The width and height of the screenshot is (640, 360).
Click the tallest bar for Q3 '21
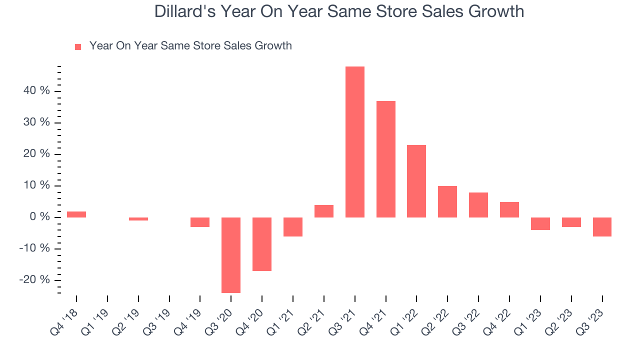coord(354,142)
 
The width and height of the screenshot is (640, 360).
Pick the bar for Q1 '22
coord(416,181)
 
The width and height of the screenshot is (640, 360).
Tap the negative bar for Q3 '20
coord(231,255)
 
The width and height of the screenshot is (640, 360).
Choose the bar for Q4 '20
coord(262,244)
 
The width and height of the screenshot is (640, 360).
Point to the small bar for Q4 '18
coord(76,214)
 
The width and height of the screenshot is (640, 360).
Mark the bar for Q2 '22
coord(447,201)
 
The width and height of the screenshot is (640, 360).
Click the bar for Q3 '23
coord(602,226)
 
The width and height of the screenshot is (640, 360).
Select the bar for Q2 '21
coord(324,211)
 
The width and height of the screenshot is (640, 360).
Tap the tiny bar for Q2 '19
coord(138,219)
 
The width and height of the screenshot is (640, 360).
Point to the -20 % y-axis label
coord(34,280)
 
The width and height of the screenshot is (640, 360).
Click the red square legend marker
coord(78,47)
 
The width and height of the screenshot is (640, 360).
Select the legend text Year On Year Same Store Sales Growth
coord(190,46)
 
